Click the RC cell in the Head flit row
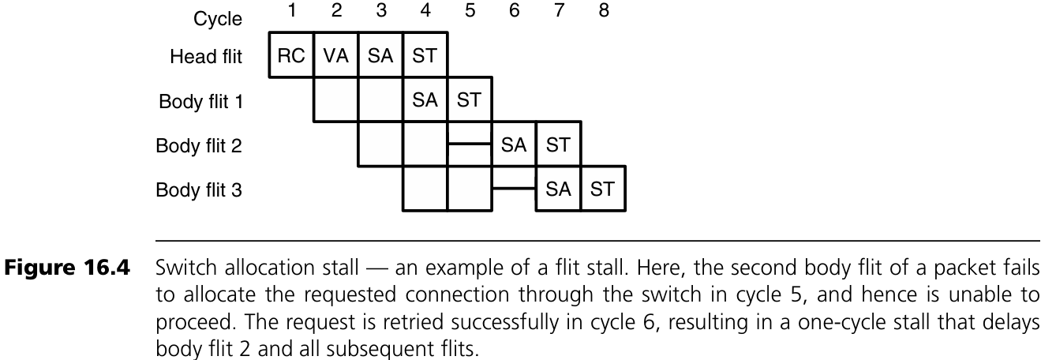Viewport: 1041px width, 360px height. (291, 56)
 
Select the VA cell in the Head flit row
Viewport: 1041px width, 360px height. (335, 56)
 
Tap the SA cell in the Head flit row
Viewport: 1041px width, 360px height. (380, 56)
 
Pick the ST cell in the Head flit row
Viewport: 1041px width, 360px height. (425, 56)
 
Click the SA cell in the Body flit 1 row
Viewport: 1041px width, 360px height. (425, 100)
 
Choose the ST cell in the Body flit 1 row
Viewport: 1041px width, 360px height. (469, 100)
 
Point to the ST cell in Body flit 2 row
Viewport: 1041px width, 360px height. (558, 144)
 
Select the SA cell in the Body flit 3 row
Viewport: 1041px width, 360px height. (558, 189)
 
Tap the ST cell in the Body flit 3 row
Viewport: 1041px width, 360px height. (602, 189)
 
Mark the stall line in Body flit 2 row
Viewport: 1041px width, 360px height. (469, 144)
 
